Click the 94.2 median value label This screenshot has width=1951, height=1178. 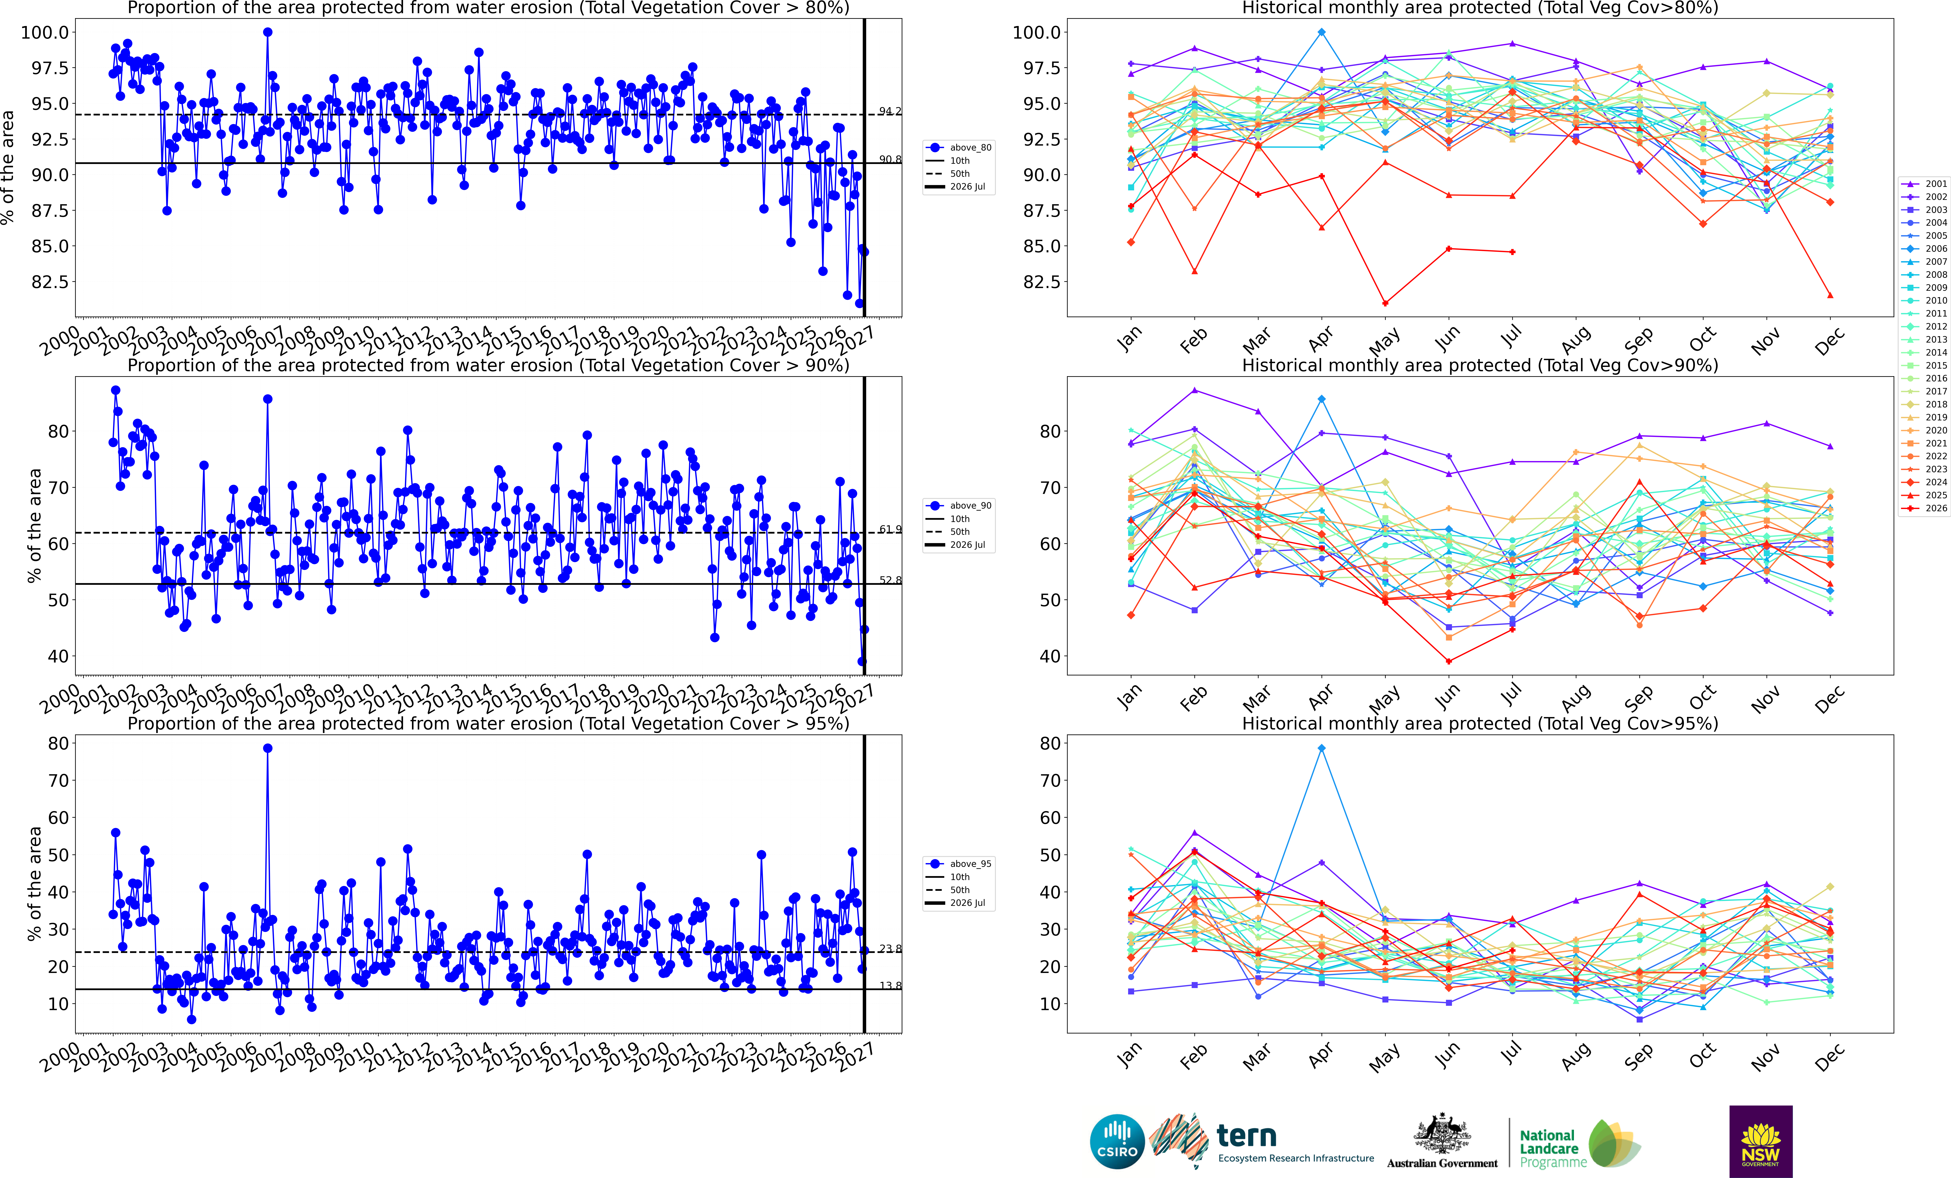pyautogui.click(x=890, y=111)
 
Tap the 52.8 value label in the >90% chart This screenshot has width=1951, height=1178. pyautogui.click(x=890, y=580)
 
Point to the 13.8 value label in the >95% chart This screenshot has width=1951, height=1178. pyautogui.click(x=890, y=986)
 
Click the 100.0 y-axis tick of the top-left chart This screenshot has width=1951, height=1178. pyautogui.click(x=45, y=32)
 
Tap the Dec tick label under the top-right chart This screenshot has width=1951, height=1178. pyautogui.click(x=1829, y=341)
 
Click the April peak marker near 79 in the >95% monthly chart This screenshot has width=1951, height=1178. pyautogui.click(x=1322, y=748)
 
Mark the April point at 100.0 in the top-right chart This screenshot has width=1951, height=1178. pyautogui.click(x=1322, y=32)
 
